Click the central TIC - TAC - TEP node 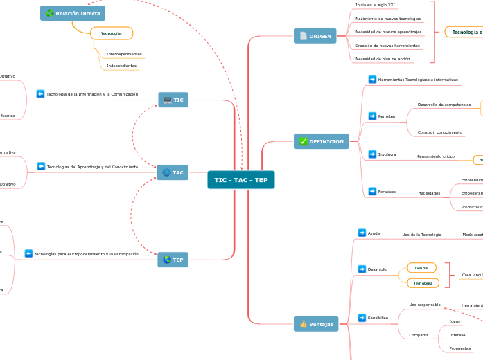coord(240,180)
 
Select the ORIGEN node coord(315,36)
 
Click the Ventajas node coord(316,324)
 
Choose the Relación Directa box coord(73,13)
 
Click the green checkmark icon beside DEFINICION coord(303,141)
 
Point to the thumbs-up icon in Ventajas coord(304,324)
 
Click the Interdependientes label coord(124,54)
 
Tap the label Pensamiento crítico coord(435,156)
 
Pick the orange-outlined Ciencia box coord(421,268)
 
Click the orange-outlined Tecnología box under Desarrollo coord(423,283)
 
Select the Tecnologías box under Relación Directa coord(112,33)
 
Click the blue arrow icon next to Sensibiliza coord(362,318)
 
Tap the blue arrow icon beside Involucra coord(372,154)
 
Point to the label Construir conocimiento coord(439,132)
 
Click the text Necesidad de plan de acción coord(383,59)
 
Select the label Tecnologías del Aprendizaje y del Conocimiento coord(92,167)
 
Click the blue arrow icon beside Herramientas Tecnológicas coord(372,80)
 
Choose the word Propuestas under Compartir coord(460,348)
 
